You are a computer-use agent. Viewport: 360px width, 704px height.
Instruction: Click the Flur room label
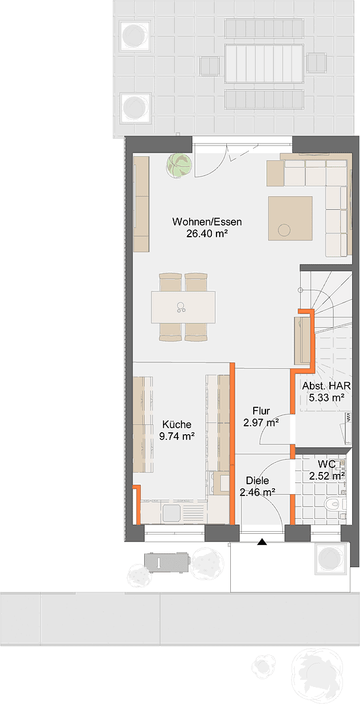click(x=261, y=411)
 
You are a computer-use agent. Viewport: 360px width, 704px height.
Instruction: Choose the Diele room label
click(x=256, y=481)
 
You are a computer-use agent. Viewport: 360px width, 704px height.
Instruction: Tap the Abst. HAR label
click(x=326, y=385)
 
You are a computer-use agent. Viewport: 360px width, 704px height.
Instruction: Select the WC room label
click(x=327, y=464)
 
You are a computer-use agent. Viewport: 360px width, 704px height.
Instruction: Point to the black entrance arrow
click(x=262, y=542)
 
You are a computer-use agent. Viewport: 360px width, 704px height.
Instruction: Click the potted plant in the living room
click(x=178, y=164)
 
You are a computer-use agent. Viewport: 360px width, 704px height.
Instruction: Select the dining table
click(x=183, y=306)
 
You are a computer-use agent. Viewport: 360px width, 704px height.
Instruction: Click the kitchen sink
click(x=172, y=513)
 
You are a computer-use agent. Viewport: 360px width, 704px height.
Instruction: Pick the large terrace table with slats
click(x=263, y=63)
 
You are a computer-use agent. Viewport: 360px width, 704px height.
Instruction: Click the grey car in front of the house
click(x=168, y=561)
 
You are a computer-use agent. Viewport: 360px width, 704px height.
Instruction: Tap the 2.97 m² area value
click(x=261, y=423)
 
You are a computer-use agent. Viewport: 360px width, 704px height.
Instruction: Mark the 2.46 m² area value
click(x=256, y=493)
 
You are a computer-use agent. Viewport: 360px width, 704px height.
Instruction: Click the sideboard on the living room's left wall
click(x=141, y=203)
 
